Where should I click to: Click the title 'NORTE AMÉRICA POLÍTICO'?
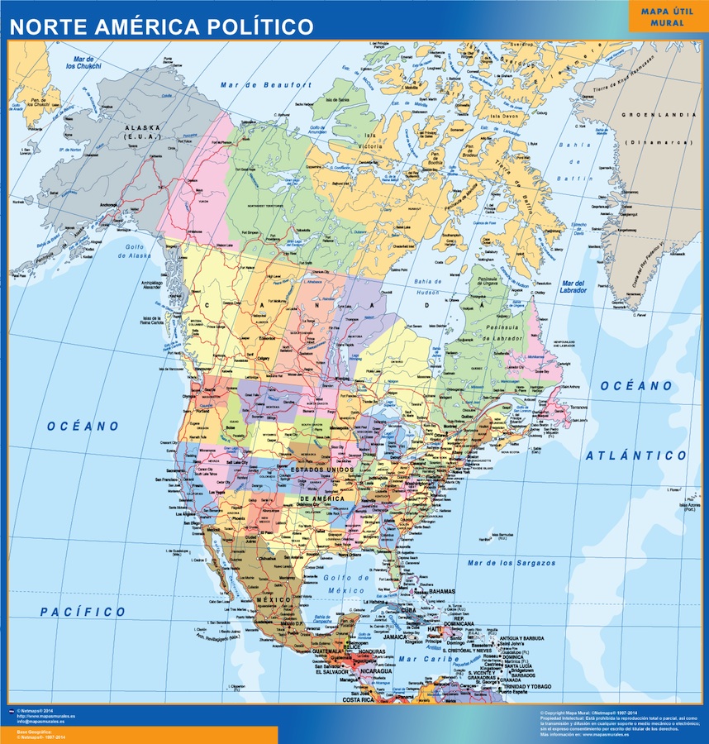point(162,26)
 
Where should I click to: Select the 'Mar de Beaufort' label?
point(266,84)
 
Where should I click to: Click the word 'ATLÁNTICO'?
point(635,455)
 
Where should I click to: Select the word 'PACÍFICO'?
point(83,613)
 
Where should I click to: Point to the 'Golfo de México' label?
point(345,584)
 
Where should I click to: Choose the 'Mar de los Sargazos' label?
point(512,563)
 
